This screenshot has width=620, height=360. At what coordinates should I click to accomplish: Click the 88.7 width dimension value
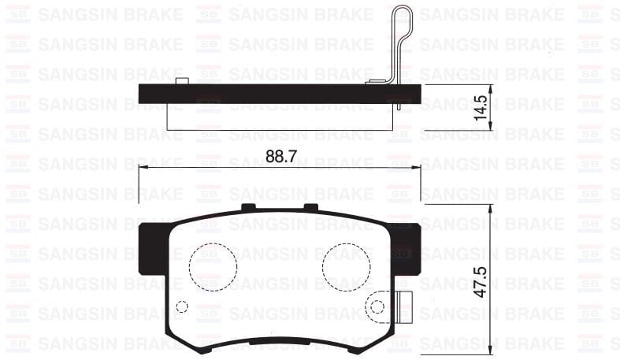280,156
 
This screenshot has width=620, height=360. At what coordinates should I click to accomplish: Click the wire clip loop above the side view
402,32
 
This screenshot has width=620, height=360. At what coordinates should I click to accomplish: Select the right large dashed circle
346,265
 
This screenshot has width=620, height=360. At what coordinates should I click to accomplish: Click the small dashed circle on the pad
181,306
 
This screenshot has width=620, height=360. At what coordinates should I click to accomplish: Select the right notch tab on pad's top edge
310,207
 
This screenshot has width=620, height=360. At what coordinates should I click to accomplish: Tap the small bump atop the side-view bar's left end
181,82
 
